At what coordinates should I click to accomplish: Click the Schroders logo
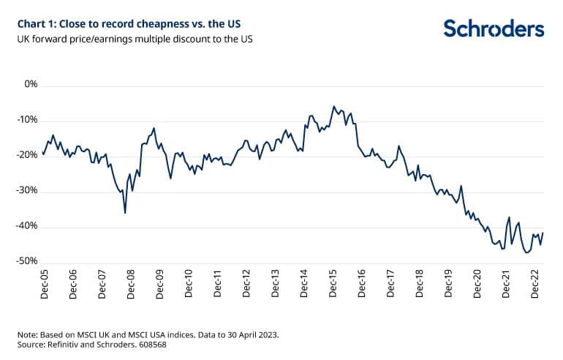pyautogui.click(x=494, y=29)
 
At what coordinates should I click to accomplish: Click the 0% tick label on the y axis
pyautogui.click(x=31, y=85)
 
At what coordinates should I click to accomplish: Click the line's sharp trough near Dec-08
pyautogui.click(x=125, y=213)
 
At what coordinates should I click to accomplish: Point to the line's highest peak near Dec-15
pyautogui.click(x=333, y=106)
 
